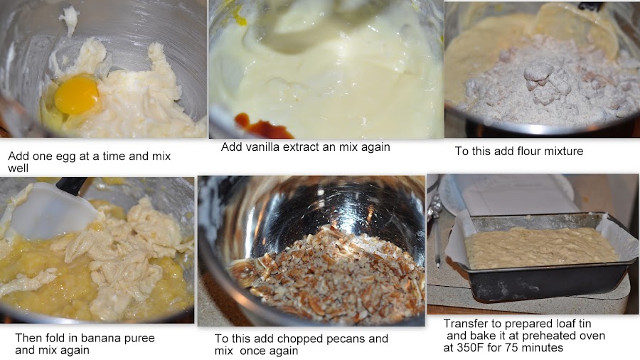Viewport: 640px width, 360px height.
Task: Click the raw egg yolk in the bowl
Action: [77, 95]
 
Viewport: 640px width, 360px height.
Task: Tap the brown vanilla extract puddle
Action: [262, 126]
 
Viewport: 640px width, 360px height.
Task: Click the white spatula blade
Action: [49, 211]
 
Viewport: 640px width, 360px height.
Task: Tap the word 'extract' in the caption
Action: [302, 147]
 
